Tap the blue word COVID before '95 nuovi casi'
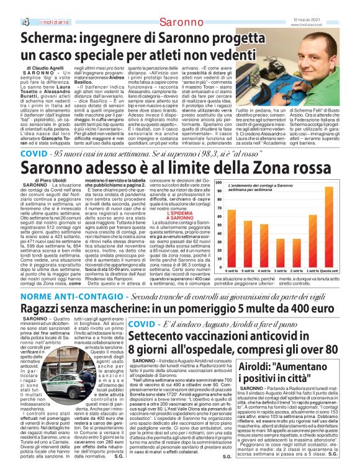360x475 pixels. pyautogui.click(x=34, y=152)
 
